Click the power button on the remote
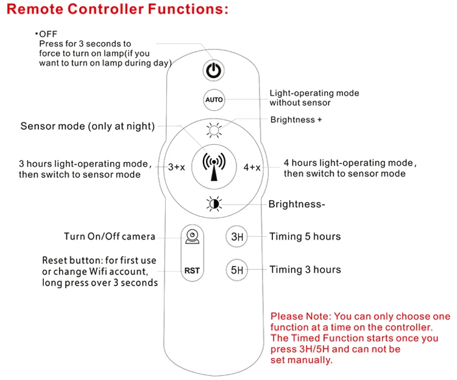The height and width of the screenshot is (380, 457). [213, 71]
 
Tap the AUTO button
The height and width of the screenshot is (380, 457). [214, 99]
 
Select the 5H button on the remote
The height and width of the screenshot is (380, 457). [236, 269]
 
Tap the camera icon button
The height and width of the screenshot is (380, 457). [192, 236]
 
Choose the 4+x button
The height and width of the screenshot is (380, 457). [252, 167]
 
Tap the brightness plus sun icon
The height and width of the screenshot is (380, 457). [213, 129]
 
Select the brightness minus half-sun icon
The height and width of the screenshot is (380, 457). [213, 203]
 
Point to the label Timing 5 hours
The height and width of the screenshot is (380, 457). [305, 236]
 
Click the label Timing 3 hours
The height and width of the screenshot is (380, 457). [305, 269]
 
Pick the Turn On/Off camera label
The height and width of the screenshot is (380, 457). [110, 236]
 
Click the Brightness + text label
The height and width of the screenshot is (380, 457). [296, 120]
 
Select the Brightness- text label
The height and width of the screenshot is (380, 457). [297, 204]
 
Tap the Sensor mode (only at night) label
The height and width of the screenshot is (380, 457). [87, 126]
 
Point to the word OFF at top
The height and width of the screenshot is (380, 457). [48, 34]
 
